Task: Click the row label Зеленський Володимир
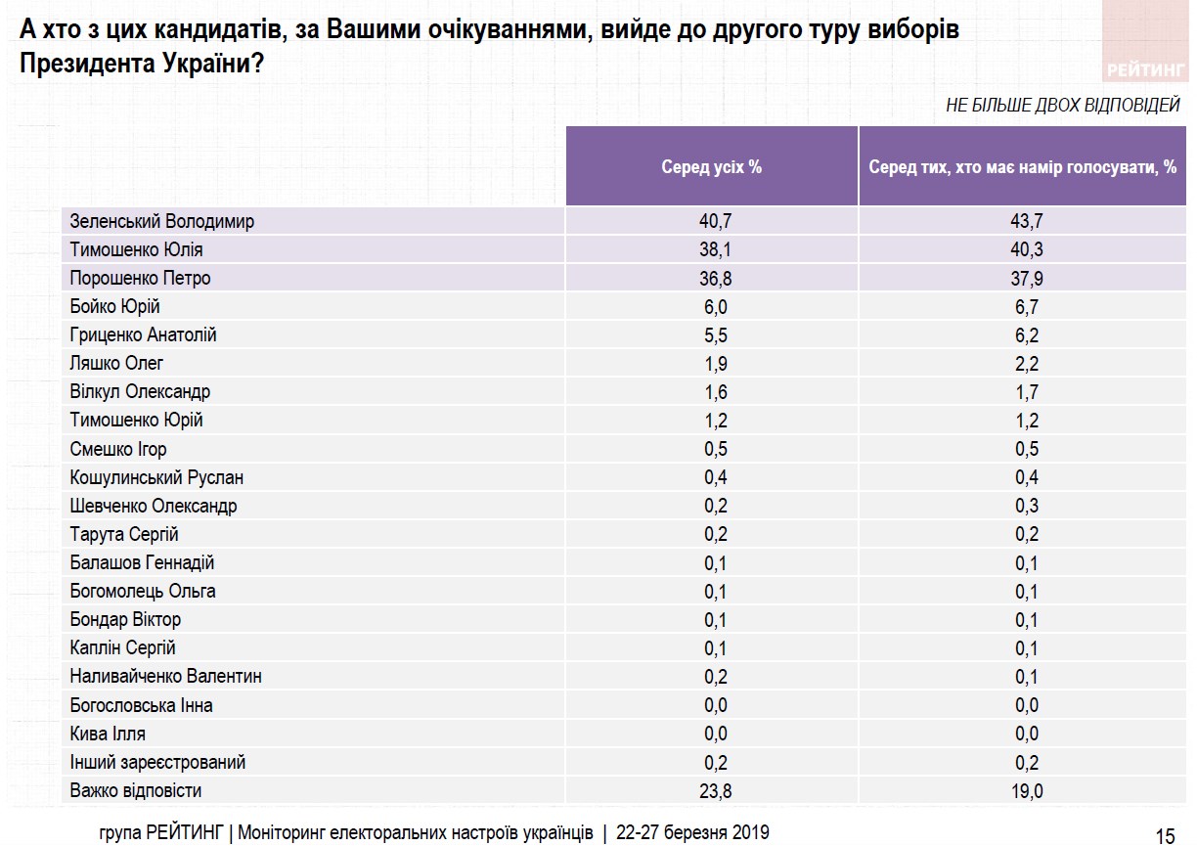(162, 221)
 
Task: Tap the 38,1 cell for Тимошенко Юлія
(712, 249)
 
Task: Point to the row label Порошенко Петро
(141, 278)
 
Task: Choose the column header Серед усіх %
(712, 166)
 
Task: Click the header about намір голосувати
(1023, 166)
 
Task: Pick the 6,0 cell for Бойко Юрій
(712, 306)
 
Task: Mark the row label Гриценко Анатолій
(144, 334)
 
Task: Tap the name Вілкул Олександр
(141, 391)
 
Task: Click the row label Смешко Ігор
(118, 449)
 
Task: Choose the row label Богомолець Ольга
(143, 591)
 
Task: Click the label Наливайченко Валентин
(166, 676)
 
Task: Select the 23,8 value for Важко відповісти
(712, 790)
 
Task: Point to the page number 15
(1165, 834)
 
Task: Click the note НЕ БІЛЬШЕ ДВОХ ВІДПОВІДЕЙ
(1063, 105)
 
